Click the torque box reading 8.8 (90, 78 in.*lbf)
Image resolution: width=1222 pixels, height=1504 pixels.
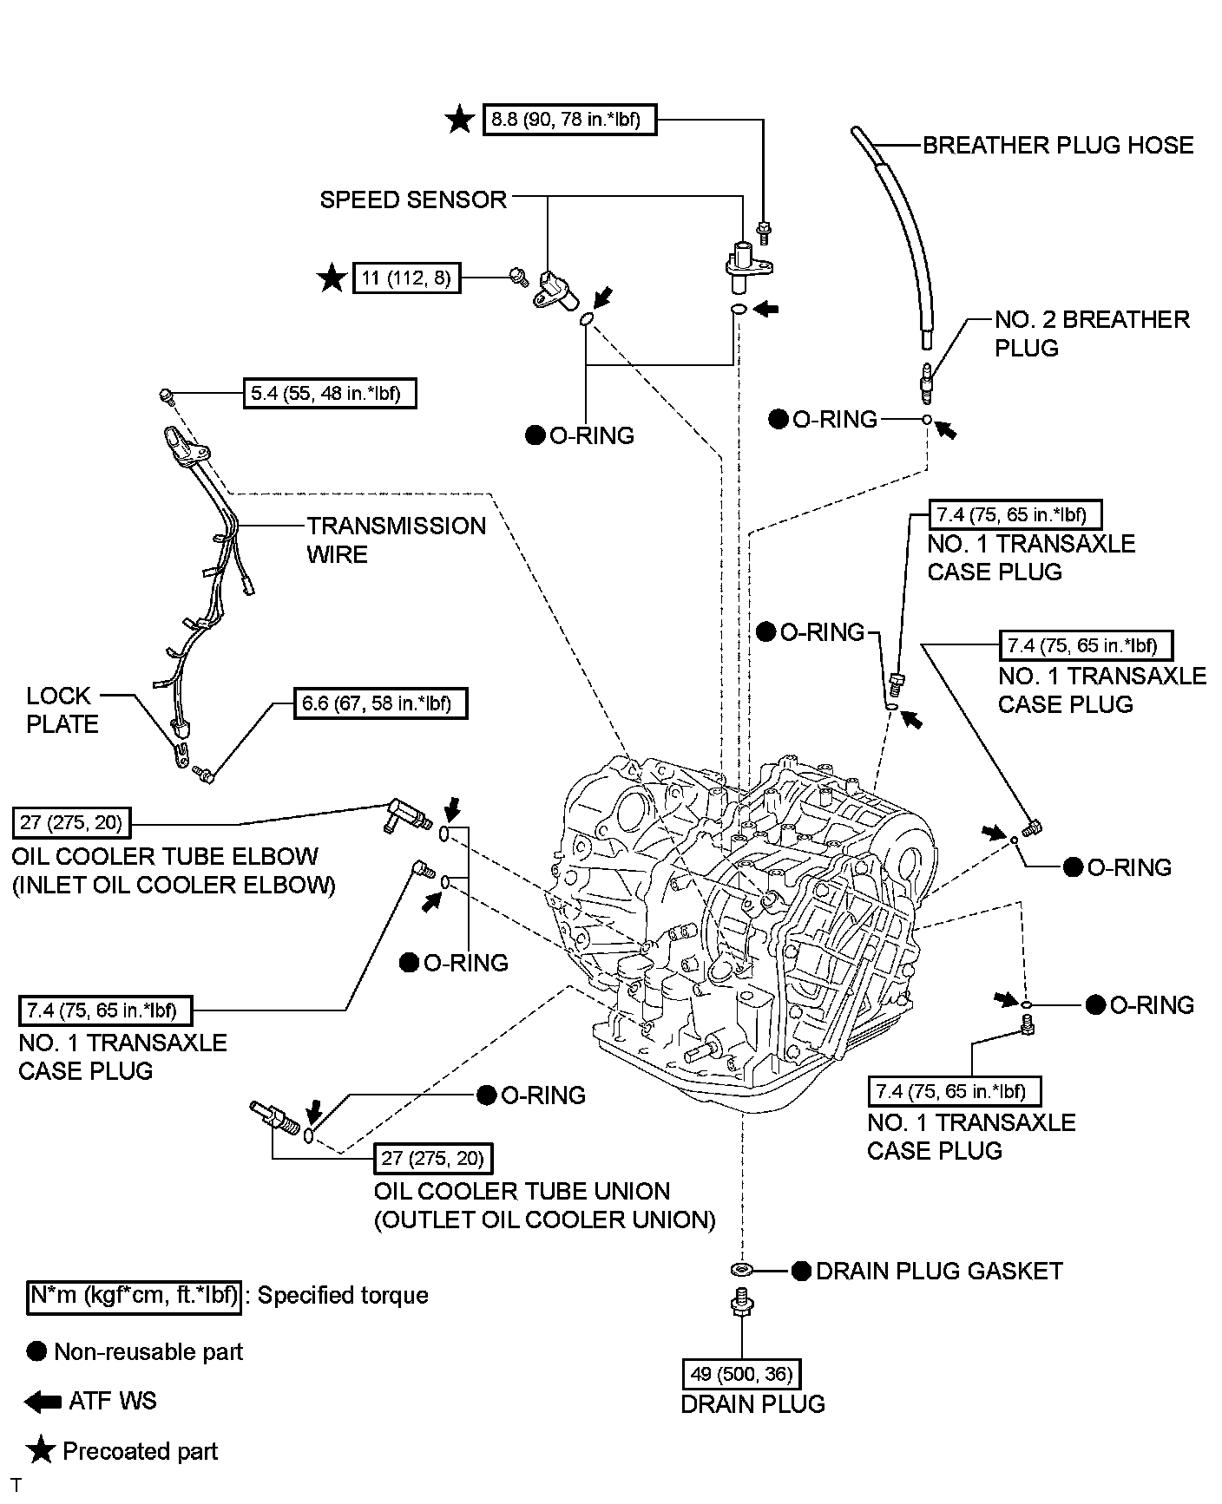(x=568, y=120)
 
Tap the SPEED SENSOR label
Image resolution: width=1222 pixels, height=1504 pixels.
(x=413, y=199)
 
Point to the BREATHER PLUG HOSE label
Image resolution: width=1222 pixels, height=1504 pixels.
(x=1058, y=145)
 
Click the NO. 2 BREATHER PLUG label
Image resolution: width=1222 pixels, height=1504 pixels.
(x=1091, y=334)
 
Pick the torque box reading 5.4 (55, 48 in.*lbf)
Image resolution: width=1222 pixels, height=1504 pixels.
(x=328, y=394)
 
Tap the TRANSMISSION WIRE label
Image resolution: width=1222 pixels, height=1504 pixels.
(x=396, y=539)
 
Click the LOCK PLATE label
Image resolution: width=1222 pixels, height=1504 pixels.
(x=62, y=709)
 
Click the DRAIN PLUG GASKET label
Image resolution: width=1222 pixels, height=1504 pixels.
(x=939, y=1271)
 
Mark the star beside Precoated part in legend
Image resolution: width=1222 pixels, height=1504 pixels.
(x=39, y=1450)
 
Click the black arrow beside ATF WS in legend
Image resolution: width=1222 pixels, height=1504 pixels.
(x=42, y=1401)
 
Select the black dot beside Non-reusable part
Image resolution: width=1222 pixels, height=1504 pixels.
(x=36, y=1351)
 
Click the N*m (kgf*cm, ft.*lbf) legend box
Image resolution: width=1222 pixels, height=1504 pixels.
(x=133, y=1295)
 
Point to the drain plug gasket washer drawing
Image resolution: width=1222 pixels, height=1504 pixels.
(x=741, y=1271)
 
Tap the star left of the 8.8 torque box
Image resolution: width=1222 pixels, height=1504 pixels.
(x=459, y=120)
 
